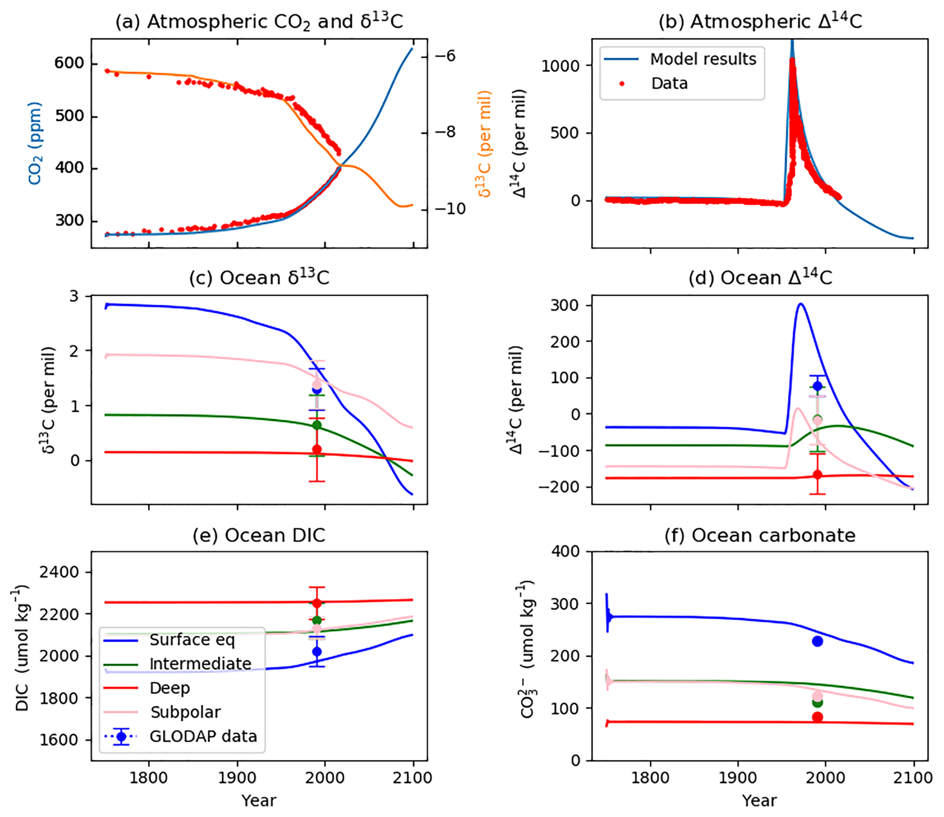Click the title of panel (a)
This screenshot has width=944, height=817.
[259, 21]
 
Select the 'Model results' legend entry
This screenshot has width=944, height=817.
[703, 59]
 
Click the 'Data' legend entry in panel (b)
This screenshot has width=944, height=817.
[669, 84]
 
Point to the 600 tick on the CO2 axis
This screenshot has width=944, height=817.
[69, 63]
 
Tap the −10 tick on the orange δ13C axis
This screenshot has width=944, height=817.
[450, 209]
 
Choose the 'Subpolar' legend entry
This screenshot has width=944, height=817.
[185, 712]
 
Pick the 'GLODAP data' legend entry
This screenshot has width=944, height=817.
[203, 736]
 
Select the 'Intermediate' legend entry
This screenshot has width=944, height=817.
[200, 664]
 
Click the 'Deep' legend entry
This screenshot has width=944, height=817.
[169, 688]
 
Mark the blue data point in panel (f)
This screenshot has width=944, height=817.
[817, 641]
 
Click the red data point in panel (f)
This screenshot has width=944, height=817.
[817, 717]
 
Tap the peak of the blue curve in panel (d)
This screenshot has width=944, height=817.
[801, 304]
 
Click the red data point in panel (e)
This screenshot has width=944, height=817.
[317, 603]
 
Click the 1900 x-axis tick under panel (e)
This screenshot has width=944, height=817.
[237, 777]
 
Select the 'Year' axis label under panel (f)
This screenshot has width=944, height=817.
[759, 801]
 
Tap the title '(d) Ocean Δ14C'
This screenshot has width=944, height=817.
[760, 278]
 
